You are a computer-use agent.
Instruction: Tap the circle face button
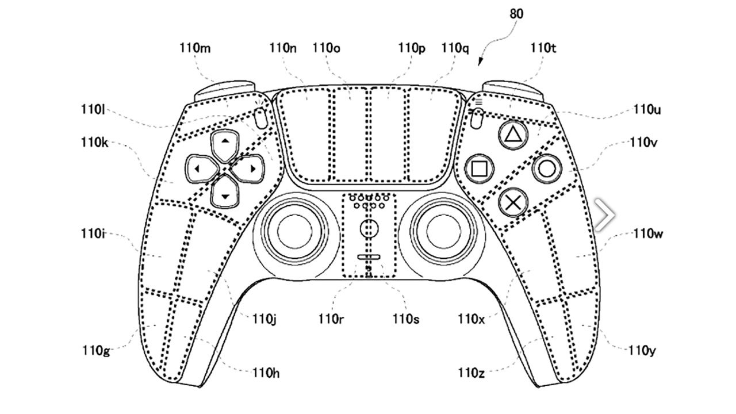[x=546, y=168]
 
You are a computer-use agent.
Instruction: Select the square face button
[x=478, y=168]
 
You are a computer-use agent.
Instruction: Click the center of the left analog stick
[x=294, y=230]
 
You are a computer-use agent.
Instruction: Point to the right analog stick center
[x=442, y=230]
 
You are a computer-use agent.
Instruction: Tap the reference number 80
[x=516, y=14]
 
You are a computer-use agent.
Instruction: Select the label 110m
[x=195, y=48]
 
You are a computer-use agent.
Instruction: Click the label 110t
[x=543, y=48]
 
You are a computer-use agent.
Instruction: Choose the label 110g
[x=96, y=350]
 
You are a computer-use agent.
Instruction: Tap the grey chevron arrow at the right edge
[x=605, y=216]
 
